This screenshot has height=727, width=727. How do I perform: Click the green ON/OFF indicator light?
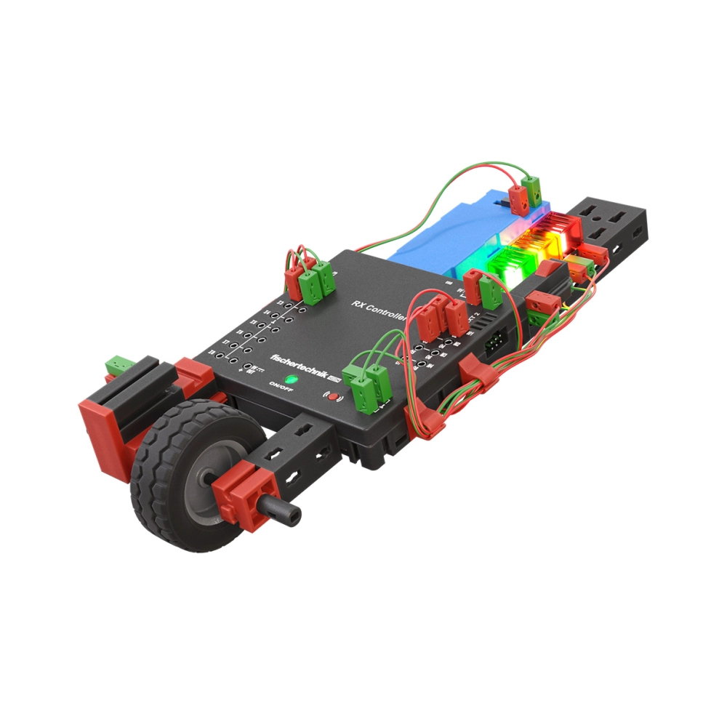click(291, 379)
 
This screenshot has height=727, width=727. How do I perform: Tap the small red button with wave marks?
click(332, 397)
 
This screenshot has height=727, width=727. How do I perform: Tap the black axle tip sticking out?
click(286, 513)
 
